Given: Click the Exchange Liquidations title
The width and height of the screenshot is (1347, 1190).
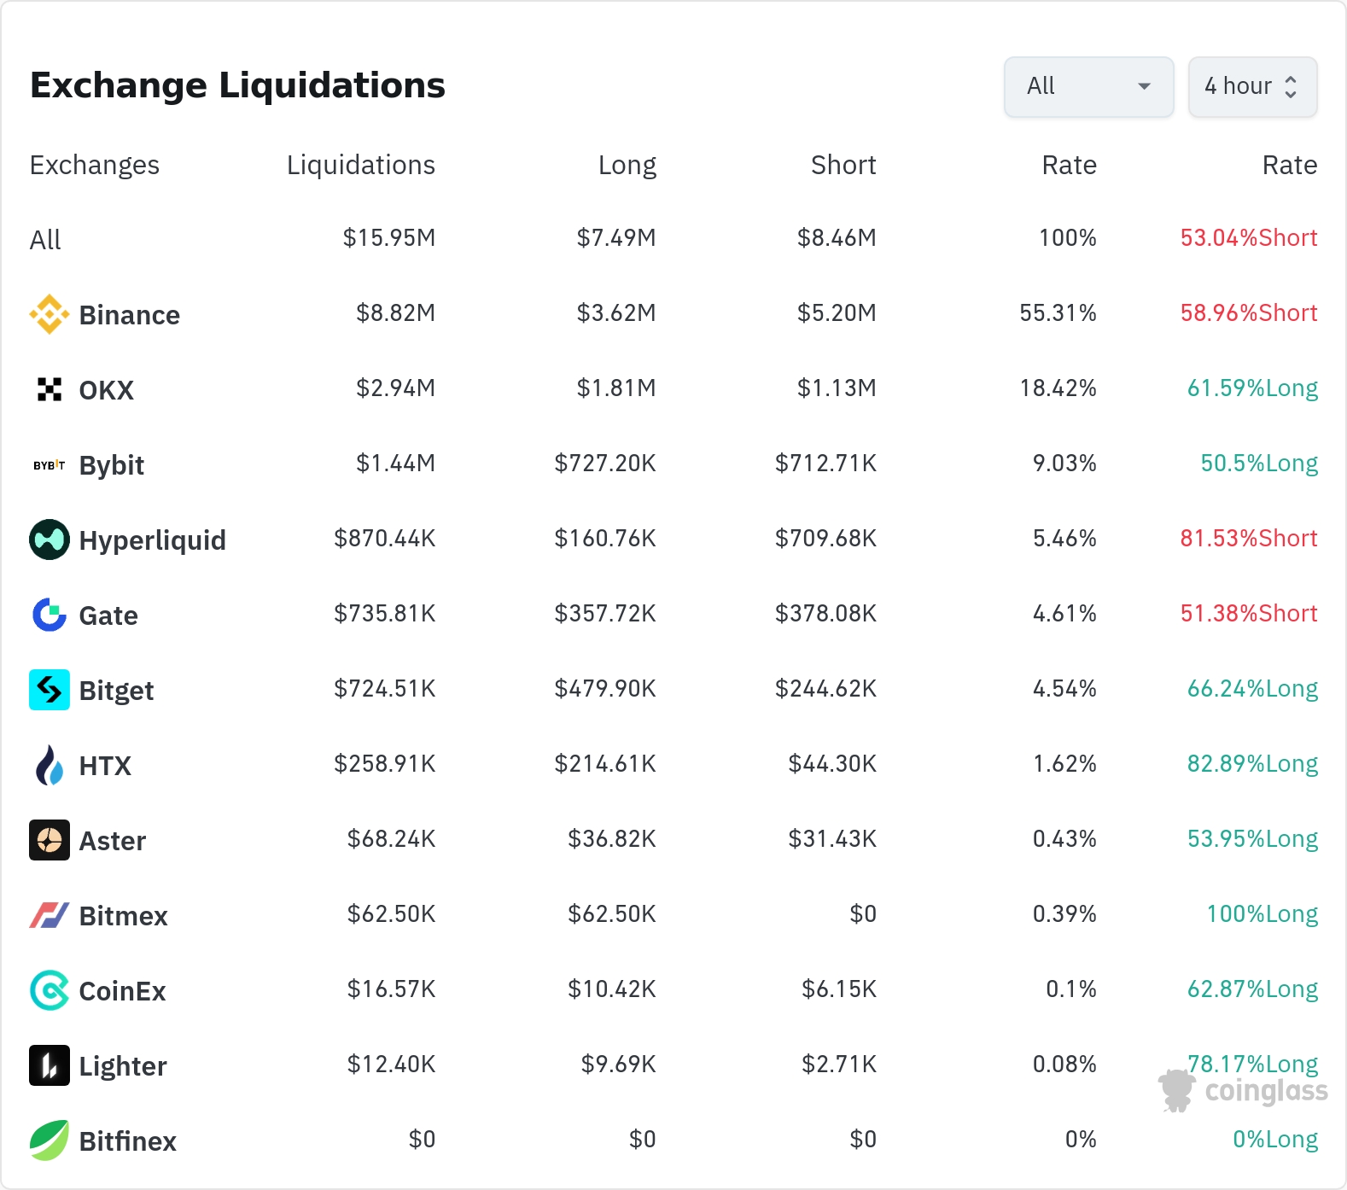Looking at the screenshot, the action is pos(237,85).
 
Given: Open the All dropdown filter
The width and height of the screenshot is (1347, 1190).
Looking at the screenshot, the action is pos(1088,86).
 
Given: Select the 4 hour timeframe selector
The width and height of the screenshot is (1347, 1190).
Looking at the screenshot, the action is pos(1252,86).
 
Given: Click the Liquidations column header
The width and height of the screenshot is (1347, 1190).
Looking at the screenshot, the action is pos(361,165).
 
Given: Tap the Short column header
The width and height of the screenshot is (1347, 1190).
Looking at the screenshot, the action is pos(843,165).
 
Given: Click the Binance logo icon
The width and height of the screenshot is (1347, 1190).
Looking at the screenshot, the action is pos(50,314).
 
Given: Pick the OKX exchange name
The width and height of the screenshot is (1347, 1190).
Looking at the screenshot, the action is pos(107,390).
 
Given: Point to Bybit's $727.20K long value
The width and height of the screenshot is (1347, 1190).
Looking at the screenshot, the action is pos(605,464).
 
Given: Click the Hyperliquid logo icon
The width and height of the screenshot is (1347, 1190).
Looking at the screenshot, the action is pos(50,540).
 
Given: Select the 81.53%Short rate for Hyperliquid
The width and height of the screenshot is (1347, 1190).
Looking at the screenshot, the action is pos(1249,539).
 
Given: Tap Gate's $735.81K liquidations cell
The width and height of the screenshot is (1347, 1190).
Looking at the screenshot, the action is pos(385,614).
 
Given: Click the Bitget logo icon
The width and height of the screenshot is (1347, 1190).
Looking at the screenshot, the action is pos(50,690).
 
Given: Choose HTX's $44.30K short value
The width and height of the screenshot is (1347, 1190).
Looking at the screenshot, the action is pos(832,764).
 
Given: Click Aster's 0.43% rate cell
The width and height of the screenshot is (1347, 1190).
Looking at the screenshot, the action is pos(1064,839).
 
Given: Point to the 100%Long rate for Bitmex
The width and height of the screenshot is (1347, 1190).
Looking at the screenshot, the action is pos(1262,914).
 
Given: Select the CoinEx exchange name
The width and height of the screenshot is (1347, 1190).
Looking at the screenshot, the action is pos(123,991).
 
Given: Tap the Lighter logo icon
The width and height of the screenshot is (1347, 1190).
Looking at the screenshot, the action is pos(50,1065).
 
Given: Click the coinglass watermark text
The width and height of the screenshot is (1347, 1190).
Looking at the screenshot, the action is pos(1267,1091).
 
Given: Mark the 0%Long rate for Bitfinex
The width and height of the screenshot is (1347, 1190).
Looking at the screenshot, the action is pos(1275,1140).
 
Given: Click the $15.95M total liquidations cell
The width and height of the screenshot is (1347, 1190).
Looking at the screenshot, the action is pos(389,238).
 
